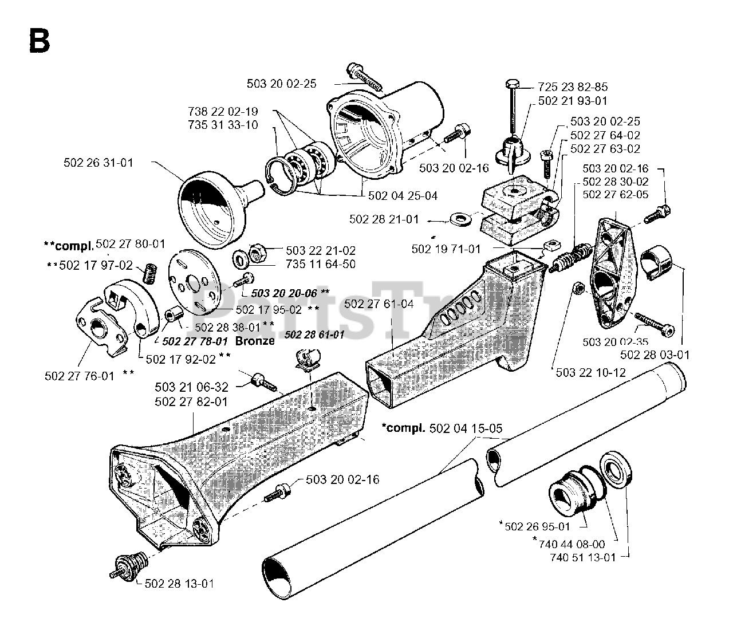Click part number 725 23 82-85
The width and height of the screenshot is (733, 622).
click(573, 87)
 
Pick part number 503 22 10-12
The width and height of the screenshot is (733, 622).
click(592, 372)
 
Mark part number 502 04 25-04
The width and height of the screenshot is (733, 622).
click(403, 196)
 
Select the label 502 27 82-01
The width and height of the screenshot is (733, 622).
click(191, 402)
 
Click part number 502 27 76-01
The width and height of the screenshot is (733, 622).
click(80, 376)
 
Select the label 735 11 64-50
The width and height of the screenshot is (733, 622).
click(320, 264)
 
